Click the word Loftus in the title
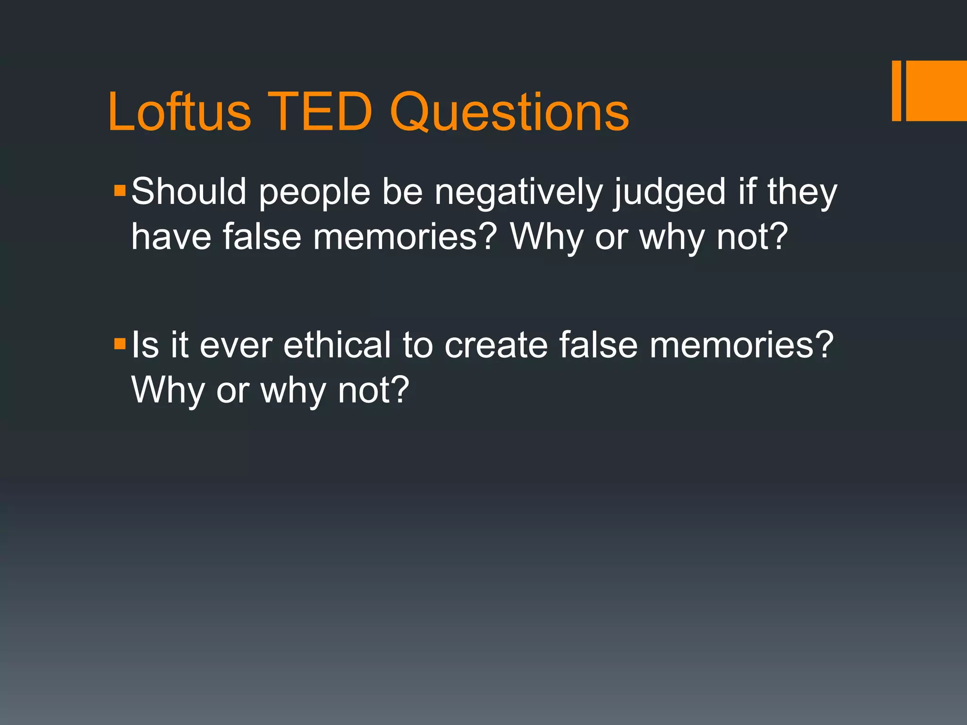pos(179,112)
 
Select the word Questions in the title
pos(509,112)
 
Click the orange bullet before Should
pos(120,191)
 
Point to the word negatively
pos(518,192)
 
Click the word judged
pos(670,192)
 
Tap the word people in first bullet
pos(314,192)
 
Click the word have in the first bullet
pos(171,236)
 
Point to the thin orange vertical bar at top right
pos(896,91)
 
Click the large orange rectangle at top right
pos(936,91)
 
